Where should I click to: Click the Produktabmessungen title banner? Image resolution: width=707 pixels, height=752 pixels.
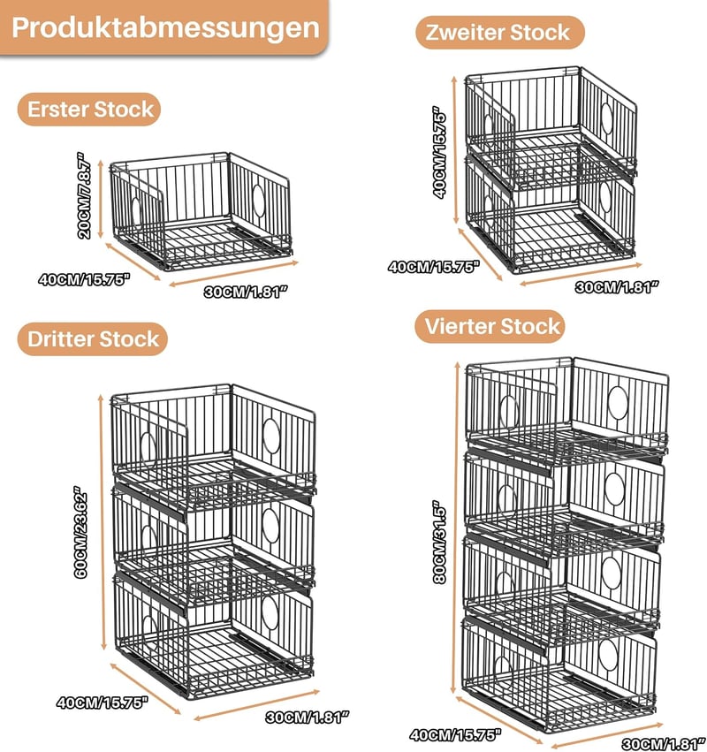click(x=164, y=27)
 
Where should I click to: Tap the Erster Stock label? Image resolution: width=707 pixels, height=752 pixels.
click(x=89, y=110)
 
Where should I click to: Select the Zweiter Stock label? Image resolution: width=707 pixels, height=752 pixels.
click(x=500, y=33)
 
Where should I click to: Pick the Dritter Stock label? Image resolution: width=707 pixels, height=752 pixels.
click(x=93, y=339)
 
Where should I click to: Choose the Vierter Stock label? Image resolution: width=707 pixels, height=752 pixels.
click(x=490, y=327)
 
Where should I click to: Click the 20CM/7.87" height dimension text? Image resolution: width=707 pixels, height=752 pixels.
click(x=83, y=195)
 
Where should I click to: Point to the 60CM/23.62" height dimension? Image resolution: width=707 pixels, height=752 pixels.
click(x=80, y=532)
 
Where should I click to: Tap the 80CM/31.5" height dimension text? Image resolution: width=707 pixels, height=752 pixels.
click(x=439, y=543)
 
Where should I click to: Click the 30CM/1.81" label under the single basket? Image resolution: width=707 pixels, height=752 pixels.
click(x=246, y=292)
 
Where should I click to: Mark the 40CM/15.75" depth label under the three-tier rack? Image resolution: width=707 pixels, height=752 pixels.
click(x=103, y=703)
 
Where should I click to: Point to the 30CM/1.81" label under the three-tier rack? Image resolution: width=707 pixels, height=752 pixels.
click(x=307, y=718)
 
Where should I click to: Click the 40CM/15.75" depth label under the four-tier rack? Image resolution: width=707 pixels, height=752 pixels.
click(x=455, y=734)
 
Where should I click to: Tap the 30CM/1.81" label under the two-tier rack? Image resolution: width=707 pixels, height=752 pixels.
click(x=617, y=287)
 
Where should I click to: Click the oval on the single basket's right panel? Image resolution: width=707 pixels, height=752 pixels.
click(x=259, y=201)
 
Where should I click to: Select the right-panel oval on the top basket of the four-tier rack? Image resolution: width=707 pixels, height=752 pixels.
click(x=618, y=402)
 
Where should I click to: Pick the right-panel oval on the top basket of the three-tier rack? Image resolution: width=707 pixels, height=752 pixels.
click(x=271, y=436)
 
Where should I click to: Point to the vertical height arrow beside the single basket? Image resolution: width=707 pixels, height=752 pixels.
click(x=101, y=199)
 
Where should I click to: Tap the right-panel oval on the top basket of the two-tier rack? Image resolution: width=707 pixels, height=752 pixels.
click(x=607, y=118)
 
